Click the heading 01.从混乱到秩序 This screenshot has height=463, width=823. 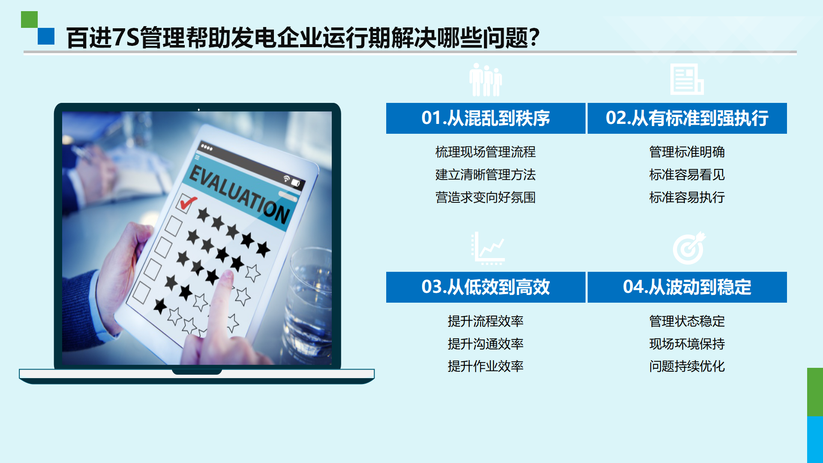pos(485,118)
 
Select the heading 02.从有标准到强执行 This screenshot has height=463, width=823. pos(687,118)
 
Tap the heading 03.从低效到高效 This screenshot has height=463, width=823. pos(485,287)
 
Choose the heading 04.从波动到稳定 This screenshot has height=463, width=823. pos(687,287)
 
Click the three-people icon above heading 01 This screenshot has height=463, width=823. pos(486,80)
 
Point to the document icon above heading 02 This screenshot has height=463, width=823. pos(687,79)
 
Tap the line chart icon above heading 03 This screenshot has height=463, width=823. pos(488,248)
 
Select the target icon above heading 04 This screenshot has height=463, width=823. pos(689,248)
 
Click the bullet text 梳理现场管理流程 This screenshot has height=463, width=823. pos(485,152)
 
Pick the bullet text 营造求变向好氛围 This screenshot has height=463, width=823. pos(485,197)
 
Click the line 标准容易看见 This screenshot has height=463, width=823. pos(687,174)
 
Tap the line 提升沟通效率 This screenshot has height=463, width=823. pos(485,344)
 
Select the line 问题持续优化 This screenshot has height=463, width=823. pos(687,366)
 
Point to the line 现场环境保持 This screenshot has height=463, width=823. pos(687,344)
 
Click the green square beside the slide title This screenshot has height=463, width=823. pos(29,19)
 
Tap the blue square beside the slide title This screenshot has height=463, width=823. pos(46,36)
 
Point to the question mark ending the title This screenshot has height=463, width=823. pos(534,38)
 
